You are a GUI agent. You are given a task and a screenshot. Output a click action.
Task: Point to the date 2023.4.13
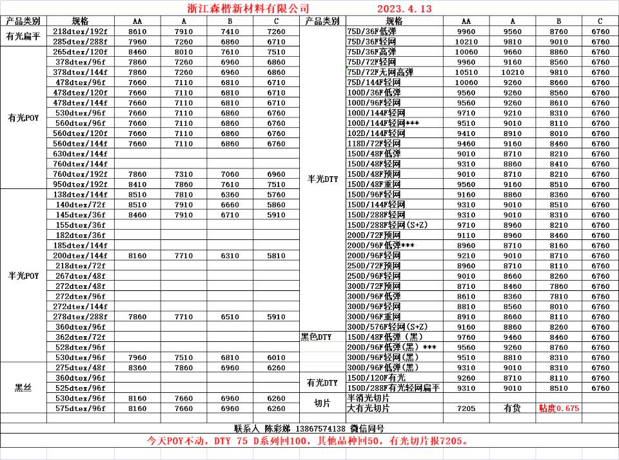[404, 8]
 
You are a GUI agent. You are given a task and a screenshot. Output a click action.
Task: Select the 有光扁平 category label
[24, 37]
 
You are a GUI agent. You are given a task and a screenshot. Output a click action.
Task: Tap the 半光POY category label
[24, 275]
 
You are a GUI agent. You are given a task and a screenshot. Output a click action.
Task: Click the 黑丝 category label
[24, 388]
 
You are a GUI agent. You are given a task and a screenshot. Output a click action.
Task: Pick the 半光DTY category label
[322, 179]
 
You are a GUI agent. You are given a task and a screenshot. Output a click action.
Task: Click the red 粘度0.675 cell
[558, 408]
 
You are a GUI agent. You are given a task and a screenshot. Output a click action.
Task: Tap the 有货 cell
[512, 408]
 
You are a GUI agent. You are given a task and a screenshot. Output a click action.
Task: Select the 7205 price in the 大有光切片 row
[466, 408]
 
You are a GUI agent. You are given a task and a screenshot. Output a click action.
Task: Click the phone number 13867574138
[320, 428]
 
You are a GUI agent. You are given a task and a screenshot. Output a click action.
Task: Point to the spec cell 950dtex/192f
[80, 184]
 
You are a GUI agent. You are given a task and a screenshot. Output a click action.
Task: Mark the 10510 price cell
[466, 72]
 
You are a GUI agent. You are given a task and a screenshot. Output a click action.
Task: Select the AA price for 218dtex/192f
[137, 32]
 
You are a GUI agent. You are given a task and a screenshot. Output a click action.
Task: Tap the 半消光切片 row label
[368, 399]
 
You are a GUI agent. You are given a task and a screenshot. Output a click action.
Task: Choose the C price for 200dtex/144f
[275, 255]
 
